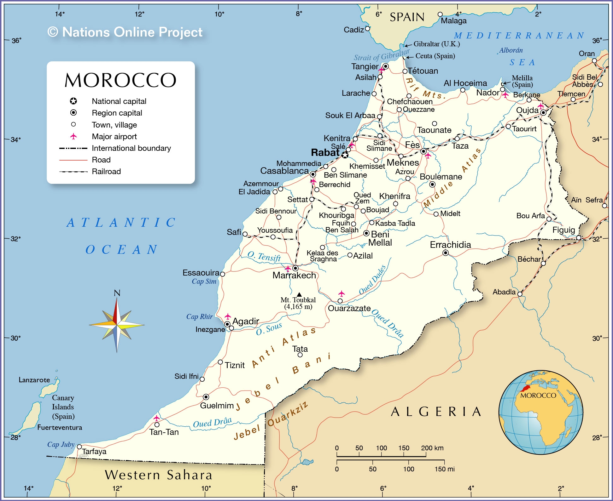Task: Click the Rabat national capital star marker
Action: point(345,155)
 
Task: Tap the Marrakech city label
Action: point(294,276)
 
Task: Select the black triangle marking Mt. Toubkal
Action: point(299,295)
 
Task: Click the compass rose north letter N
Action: point(117,293)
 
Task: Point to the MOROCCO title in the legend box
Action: point(120,80)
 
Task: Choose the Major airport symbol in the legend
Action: point(73,136)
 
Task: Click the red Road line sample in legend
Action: point(73,160)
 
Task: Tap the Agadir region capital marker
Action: point(227,324)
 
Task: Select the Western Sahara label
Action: point(159,475)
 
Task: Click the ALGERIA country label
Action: point(436,412)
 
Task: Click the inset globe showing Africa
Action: point(540,413)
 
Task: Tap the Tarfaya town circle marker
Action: point(79,447)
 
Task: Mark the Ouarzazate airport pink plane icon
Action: point(341,293)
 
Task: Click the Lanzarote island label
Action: point(34,380)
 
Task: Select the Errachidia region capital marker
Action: point(445,253)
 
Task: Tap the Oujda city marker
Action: point(543,112)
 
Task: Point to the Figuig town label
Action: point(563,230)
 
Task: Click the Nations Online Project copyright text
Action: point(125,32)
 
